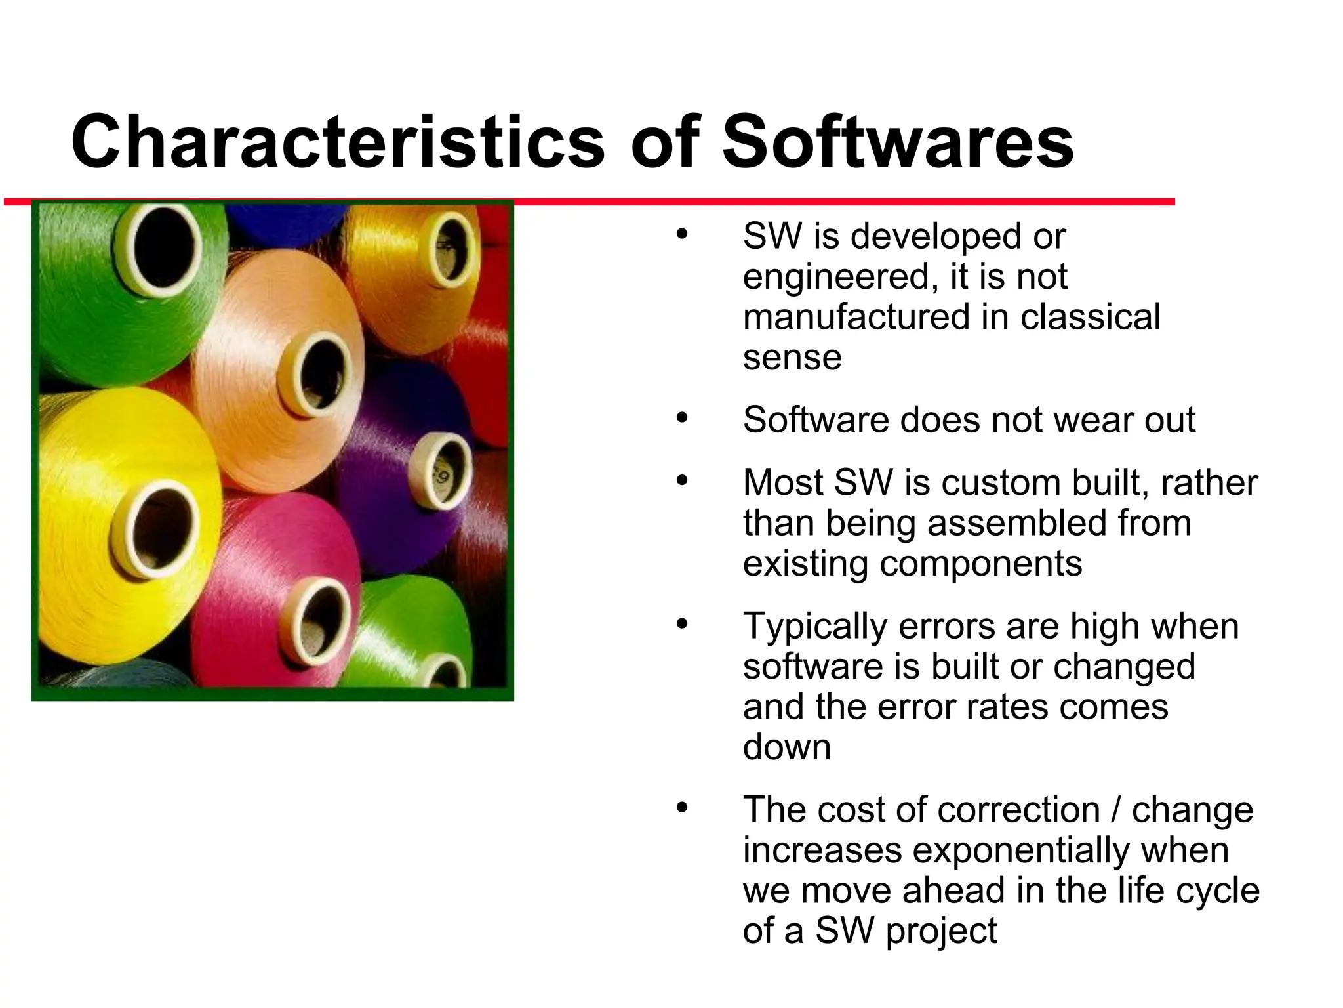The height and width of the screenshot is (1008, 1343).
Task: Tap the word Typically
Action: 814,627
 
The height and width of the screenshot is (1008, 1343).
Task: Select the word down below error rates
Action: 786,747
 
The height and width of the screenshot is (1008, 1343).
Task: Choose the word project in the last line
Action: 941,931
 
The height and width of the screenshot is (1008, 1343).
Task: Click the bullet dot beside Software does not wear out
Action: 682,417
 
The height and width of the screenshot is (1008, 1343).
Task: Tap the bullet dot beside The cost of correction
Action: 682,808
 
